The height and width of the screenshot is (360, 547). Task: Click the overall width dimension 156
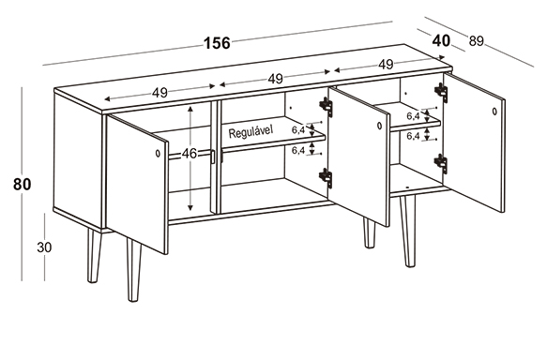217,43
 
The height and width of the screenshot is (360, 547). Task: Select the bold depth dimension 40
441,40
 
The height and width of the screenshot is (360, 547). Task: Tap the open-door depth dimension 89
477,41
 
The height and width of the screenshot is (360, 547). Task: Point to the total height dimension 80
22,184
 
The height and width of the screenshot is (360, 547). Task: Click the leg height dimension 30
44,247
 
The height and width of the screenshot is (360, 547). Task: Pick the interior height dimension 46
190,154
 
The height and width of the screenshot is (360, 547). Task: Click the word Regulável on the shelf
251,132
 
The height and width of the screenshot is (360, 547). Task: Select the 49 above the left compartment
160,93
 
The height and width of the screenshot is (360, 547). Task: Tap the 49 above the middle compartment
275,79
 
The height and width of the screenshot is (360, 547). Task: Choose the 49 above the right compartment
386,65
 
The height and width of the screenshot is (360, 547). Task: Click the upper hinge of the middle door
327,106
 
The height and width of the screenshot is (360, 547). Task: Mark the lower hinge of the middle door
326,177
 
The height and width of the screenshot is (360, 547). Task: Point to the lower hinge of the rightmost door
441,163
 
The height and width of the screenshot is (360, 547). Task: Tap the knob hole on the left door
158,153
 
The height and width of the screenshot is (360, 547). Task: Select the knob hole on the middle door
380,126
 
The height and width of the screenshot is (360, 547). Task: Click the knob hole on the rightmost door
494,112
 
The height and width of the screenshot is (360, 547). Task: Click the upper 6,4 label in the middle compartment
298,130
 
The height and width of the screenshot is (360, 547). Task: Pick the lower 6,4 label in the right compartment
413,136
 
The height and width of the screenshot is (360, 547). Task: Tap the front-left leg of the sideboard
134,270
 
